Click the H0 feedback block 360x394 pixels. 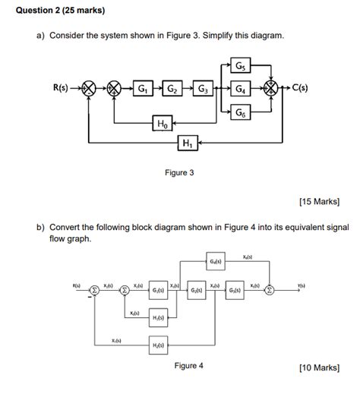click(x=163, y=124)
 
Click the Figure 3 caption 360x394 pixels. click(x=179, y=173)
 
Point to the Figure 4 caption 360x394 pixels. click(x=189, y=365)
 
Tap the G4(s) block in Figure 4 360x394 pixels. click(x=216, y=263)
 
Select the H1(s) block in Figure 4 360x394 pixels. click(x=159, y=317)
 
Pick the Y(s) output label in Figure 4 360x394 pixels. click(x=302, y=285)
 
